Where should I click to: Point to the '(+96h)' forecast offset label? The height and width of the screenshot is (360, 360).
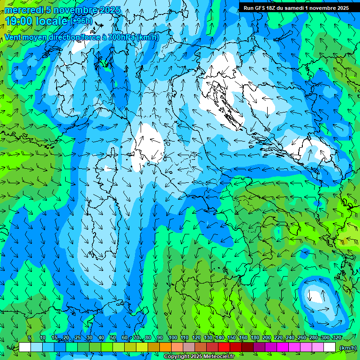(x=81, y=21)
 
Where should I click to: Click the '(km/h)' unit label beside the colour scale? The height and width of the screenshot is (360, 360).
(x=347, y=347)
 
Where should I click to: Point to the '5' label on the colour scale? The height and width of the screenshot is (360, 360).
(x=30, y=338)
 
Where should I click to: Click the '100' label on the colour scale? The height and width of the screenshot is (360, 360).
(x=172, y=338)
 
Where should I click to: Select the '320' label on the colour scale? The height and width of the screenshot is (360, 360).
(x=337, y=338)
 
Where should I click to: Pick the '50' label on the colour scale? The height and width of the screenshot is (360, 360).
(x=112, y=338)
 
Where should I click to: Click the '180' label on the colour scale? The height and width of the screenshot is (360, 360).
(x=255, y=338)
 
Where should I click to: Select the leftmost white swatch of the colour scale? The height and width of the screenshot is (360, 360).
(x=25, y=347)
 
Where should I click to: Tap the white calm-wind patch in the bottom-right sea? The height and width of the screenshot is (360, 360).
(x=315, y=296)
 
